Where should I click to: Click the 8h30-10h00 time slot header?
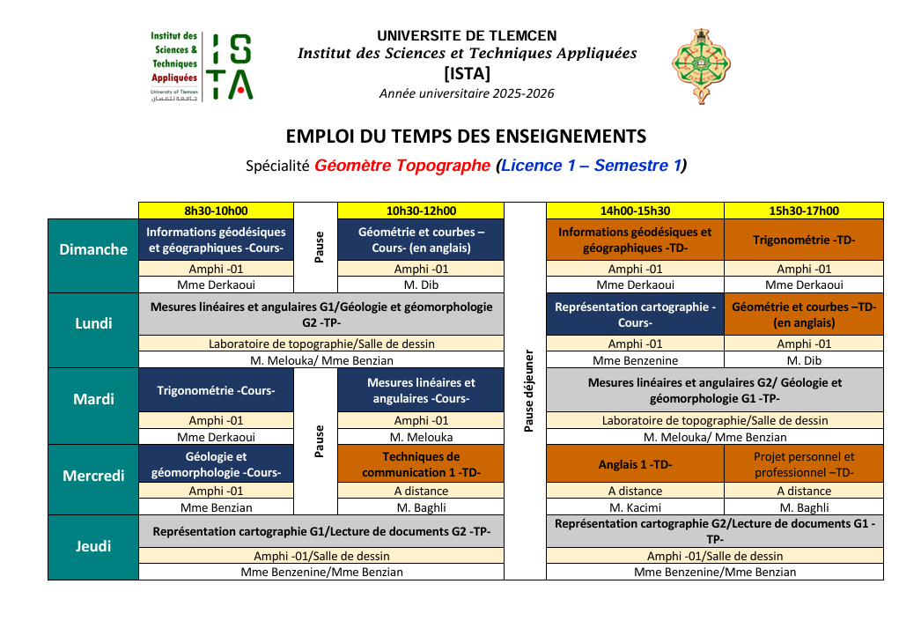coord(216,211)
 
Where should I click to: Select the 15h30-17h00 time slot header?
coord(803,211)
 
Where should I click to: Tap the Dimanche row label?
coord(93,249)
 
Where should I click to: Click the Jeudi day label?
coord(93,546)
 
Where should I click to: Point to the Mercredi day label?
coord(93,476)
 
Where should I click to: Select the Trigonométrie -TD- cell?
coord(803,240)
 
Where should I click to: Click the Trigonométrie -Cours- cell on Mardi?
coord(216,390)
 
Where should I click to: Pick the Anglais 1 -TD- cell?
coord(635,464)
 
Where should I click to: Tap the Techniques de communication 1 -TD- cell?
coord(421,464)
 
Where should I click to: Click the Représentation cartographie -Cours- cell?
coord(635,314)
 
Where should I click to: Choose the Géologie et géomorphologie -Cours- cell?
coord(216,464)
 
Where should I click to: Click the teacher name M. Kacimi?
coord(635,507)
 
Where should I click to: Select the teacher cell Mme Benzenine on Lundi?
coord(635,360)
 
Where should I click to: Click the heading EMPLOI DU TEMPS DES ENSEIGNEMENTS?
coord(466,137)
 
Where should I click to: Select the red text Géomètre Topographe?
coord(402,166)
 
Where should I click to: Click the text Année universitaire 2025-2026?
coord(467,93)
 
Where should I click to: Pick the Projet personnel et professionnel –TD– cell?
coord(803,464)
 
